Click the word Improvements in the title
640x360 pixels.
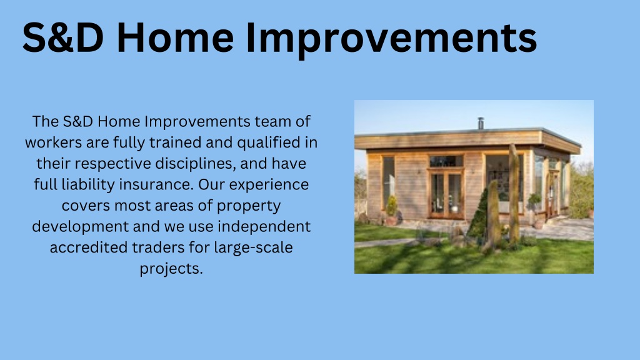point(391,38)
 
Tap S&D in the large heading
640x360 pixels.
point(63,37)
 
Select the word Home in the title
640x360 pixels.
point(175,37)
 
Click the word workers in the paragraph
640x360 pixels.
point(54,142)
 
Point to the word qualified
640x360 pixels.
point(269,143)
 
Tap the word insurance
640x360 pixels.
point(156,184)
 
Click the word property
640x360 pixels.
point(249,206)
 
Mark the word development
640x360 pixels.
point(80,227)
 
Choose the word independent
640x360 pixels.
point(264,227)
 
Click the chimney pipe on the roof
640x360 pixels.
point(481,123)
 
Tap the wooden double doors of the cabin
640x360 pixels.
point(446,194)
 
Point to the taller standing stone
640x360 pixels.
point(514,194)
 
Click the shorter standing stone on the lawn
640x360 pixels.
point(493,215)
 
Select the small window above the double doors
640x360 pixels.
point(446,161)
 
